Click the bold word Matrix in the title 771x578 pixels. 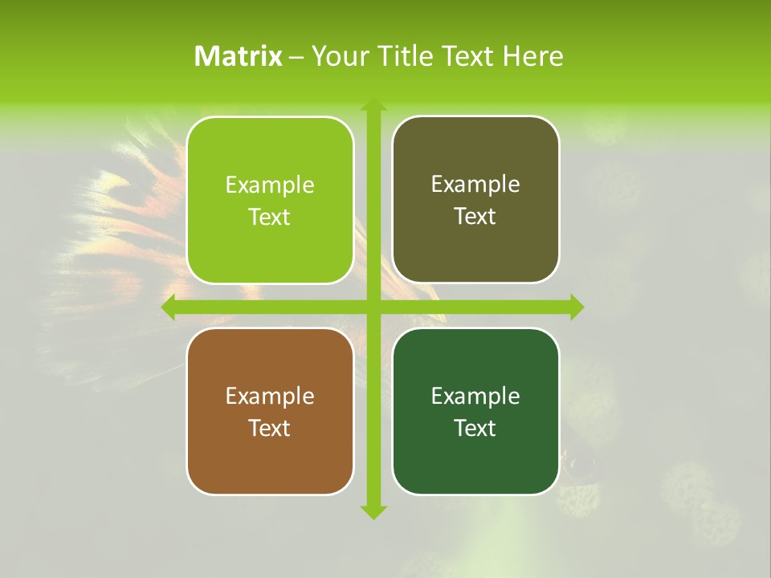pyautogui.click(x=239, y=56)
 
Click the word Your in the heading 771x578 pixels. pyautogui.click(x=337, y=56)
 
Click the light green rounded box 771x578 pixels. pyautogui.click(x=270, y=241)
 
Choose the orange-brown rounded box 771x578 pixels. pyautogui.click(x=270, y=458)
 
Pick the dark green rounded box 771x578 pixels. pyautogui.click(x=475, y=458)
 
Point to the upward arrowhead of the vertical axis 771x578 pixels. pyautogui.click(x=373, y=105)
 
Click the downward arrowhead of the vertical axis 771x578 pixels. pyautogui.click(x=373, y=511)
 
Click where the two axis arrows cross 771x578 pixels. pyautogui.click(x=373, y=307)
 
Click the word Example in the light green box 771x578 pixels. pyautogui.click(x=270, y=185)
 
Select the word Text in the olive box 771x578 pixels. pyautogui.click(x=475, y=217)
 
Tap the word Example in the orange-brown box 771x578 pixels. pyautogui.click(x=270, y=397)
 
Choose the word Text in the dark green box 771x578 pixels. pyautogui.click(x=475, y=429)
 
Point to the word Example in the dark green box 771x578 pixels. pyautogui.click(x=475, y=397)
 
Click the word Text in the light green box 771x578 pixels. pyautogui.click(x=270, y=218)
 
